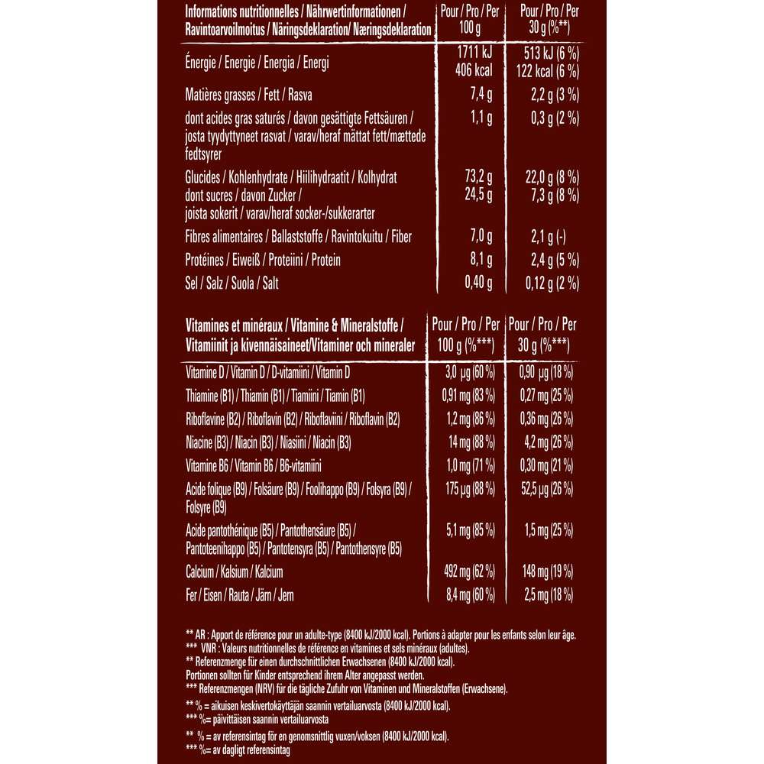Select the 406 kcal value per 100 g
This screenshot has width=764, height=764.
click(x=473, y=70)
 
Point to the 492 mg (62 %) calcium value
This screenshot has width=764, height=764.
click(x=463, y=571)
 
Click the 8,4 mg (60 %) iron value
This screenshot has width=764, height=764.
click(x=463, y=594)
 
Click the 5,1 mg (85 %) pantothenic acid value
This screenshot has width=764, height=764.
click(x=463, y=529)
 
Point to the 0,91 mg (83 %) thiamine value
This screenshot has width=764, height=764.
click(x=463, y=396)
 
